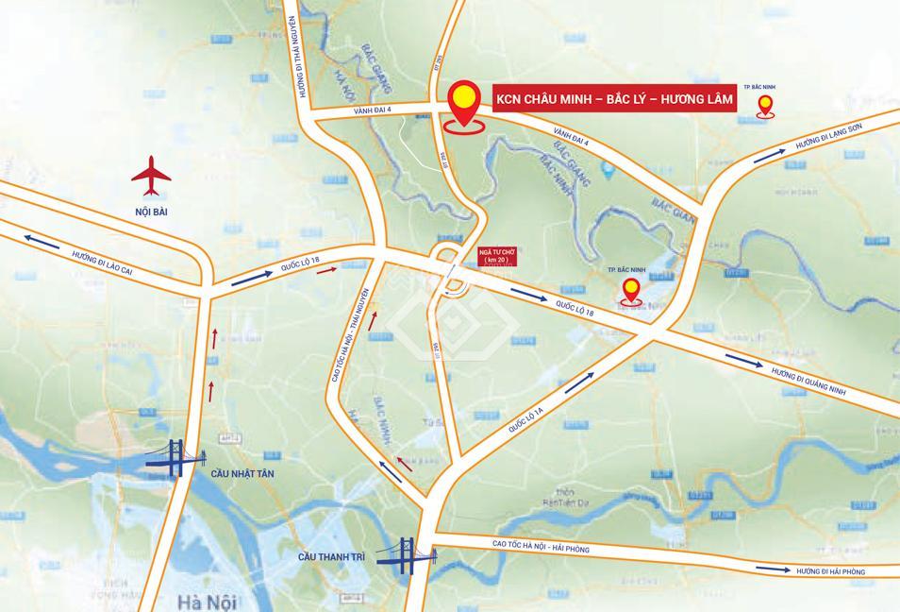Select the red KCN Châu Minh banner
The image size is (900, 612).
coord(602,98)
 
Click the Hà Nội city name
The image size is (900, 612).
coord(205,602)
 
